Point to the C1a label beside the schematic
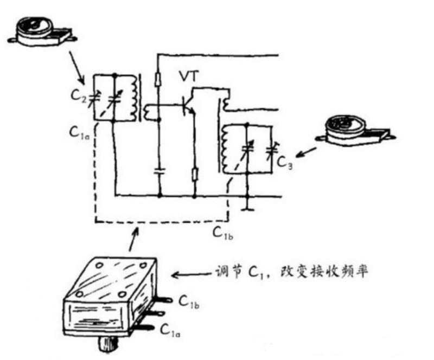click(79, 131)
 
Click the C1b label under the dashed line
click(223, 234)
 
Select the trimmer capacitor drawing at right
click(356, 129)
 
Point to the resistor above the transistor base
click(158, 79)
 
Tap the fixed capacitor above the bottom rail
click(159, 171)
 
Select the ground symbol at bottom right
click(247, 206)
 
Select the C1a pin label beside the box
click(171, 330)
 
